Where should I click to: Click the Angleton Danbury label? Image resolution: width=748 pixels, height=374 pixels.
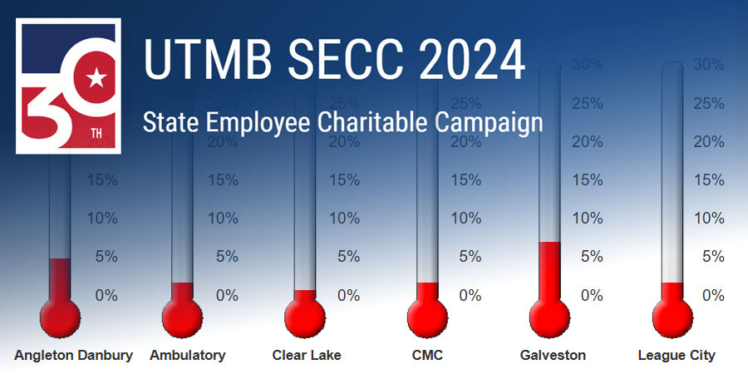pos(73,355)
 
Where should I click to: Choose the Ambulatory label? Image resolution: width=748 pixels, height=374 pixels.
pos(188,355)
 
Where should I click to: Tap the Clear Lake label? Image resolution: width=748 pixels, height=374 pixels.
pos(307,355)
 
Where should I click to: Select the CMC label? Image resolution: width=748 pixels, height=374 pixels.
pos(427,355)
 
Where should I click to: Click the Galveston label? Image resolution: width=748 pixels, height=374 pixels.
pos(553,355)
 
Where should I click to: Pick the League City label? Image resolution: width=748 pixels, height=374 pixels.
pos(677,355)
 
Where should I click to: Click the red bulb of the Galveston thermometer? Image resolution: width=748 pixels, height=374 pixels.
pos(550,316)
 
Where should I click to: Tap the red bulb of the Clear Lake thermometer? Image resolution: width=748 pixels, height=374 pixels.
pos(305,316)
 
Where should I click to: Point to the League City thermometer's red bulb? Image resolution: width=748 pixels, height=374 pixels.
pos(672,316)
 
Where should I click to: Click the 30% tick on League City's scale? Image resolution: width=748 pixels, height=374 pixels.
pos(708,64)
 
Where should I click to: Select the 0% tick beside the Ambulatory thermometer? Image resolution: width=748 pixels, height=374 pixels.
pos(227,295)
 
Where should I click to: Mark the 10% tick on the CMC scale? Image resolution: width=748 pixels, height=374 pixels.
pos(465,218)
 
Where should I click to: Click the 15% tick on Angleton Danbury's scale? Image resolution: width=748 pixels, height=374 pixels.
pos(104,180)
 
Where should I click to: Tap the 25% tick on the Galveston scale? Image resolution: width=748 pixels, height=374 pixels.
pos(587,103)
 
